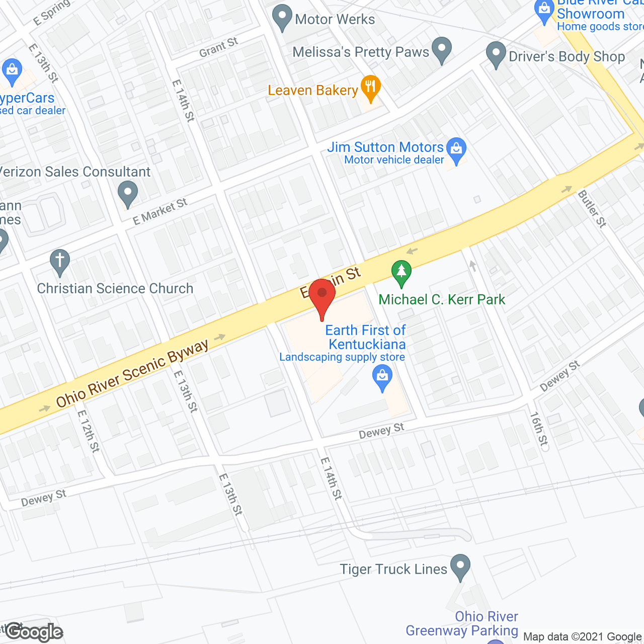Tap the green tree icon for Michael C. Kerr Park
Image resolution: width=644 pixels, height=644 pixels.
401,272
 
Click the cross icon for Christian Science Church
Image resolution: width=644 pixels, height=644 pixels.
59,262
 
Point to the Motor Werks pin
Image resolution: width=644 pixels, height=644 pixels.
282,17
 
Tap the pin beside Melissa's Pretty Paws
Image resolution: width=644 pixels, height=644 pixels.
442,50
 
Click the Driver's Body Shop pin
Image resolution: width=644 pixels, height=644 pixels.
496,54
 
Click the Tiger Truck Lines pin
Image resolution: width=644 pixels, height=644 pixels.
460,567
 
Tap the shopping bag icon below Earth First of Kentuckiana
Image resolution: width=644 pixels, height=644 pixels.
382,377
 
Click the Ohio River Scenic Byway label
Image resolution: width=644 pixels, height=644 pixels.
132,372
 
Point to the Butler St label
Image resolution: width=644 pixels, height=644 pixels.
592,208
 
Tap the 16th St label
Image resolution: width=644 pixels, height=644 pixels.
538,429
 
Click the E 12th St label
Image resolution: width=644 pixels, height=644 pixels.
88,431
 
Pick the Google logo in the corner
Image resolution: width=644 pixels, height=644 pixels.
34,632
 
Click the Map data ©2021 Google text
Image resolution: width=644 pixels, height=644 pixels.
583,636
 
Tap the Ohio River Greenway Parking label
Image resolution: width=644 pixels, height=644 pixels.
462,623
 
